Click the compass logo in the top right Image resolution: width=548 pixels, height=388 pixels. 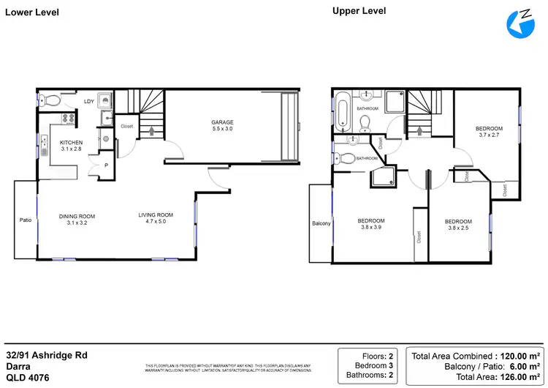[x=520, y=23]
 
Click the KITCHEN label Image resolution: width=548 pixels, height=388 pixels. [x=71, y=142]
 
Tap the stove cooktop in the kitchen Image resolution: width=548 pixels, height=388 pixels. [x=69, y=118]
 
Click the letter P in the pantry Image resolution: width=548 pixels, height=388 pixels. [x=106, y=165]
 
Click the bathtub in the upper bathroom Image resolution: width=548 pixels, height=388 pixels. [x=343, y=112]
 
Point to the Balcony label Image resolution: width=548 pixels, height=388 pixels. [x=321, y=223]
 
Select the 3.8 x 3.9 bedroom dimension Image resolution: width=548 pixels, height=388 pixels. [x=372, y=228]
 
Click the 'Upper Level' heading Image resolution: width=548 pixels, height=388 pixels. [x=359, y=10]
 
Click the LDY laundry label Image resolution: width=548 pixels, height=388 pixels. [x=89, y=102]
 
